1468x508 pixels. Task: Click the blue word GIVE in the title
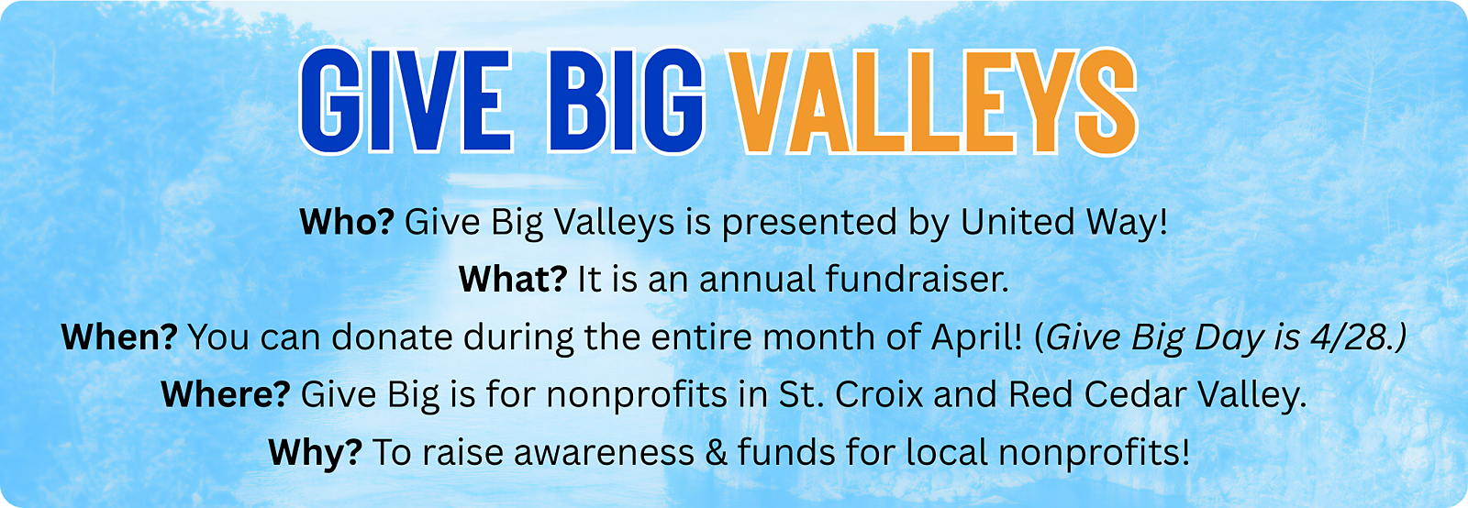pyautogui.click(x=405, y=101)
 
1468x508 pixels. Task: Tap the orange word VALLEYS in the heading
pyautogui.click(x=934, y=101)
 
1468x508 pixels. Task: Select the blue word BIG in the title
pyautogui.click(x=626, y=101)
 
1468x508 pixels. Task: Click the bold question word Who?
pyautogui.click(x=347, y=222)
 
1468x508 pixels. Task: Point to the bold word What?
pyautogui.click(x=513, y=280)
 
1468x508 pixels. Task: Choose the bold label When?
pyautogui.click(x=119, y=337)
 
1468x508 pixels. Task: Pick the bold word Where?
pyautogui.click(x=226, y=394)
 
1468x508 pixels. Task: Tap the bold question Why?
pyautogui.click(x=316, y=452)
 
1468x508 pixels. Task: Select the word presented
pyautogui.click(x=809, y=224)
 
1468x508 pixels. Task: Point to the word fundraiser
pyautogui.click(x=917, y=280)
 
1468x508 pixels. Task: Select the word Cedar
pyautogui.click(x=1135, y=394)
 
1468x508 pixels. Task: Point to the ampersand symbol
pyautogui.click(x=716, y=452)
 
